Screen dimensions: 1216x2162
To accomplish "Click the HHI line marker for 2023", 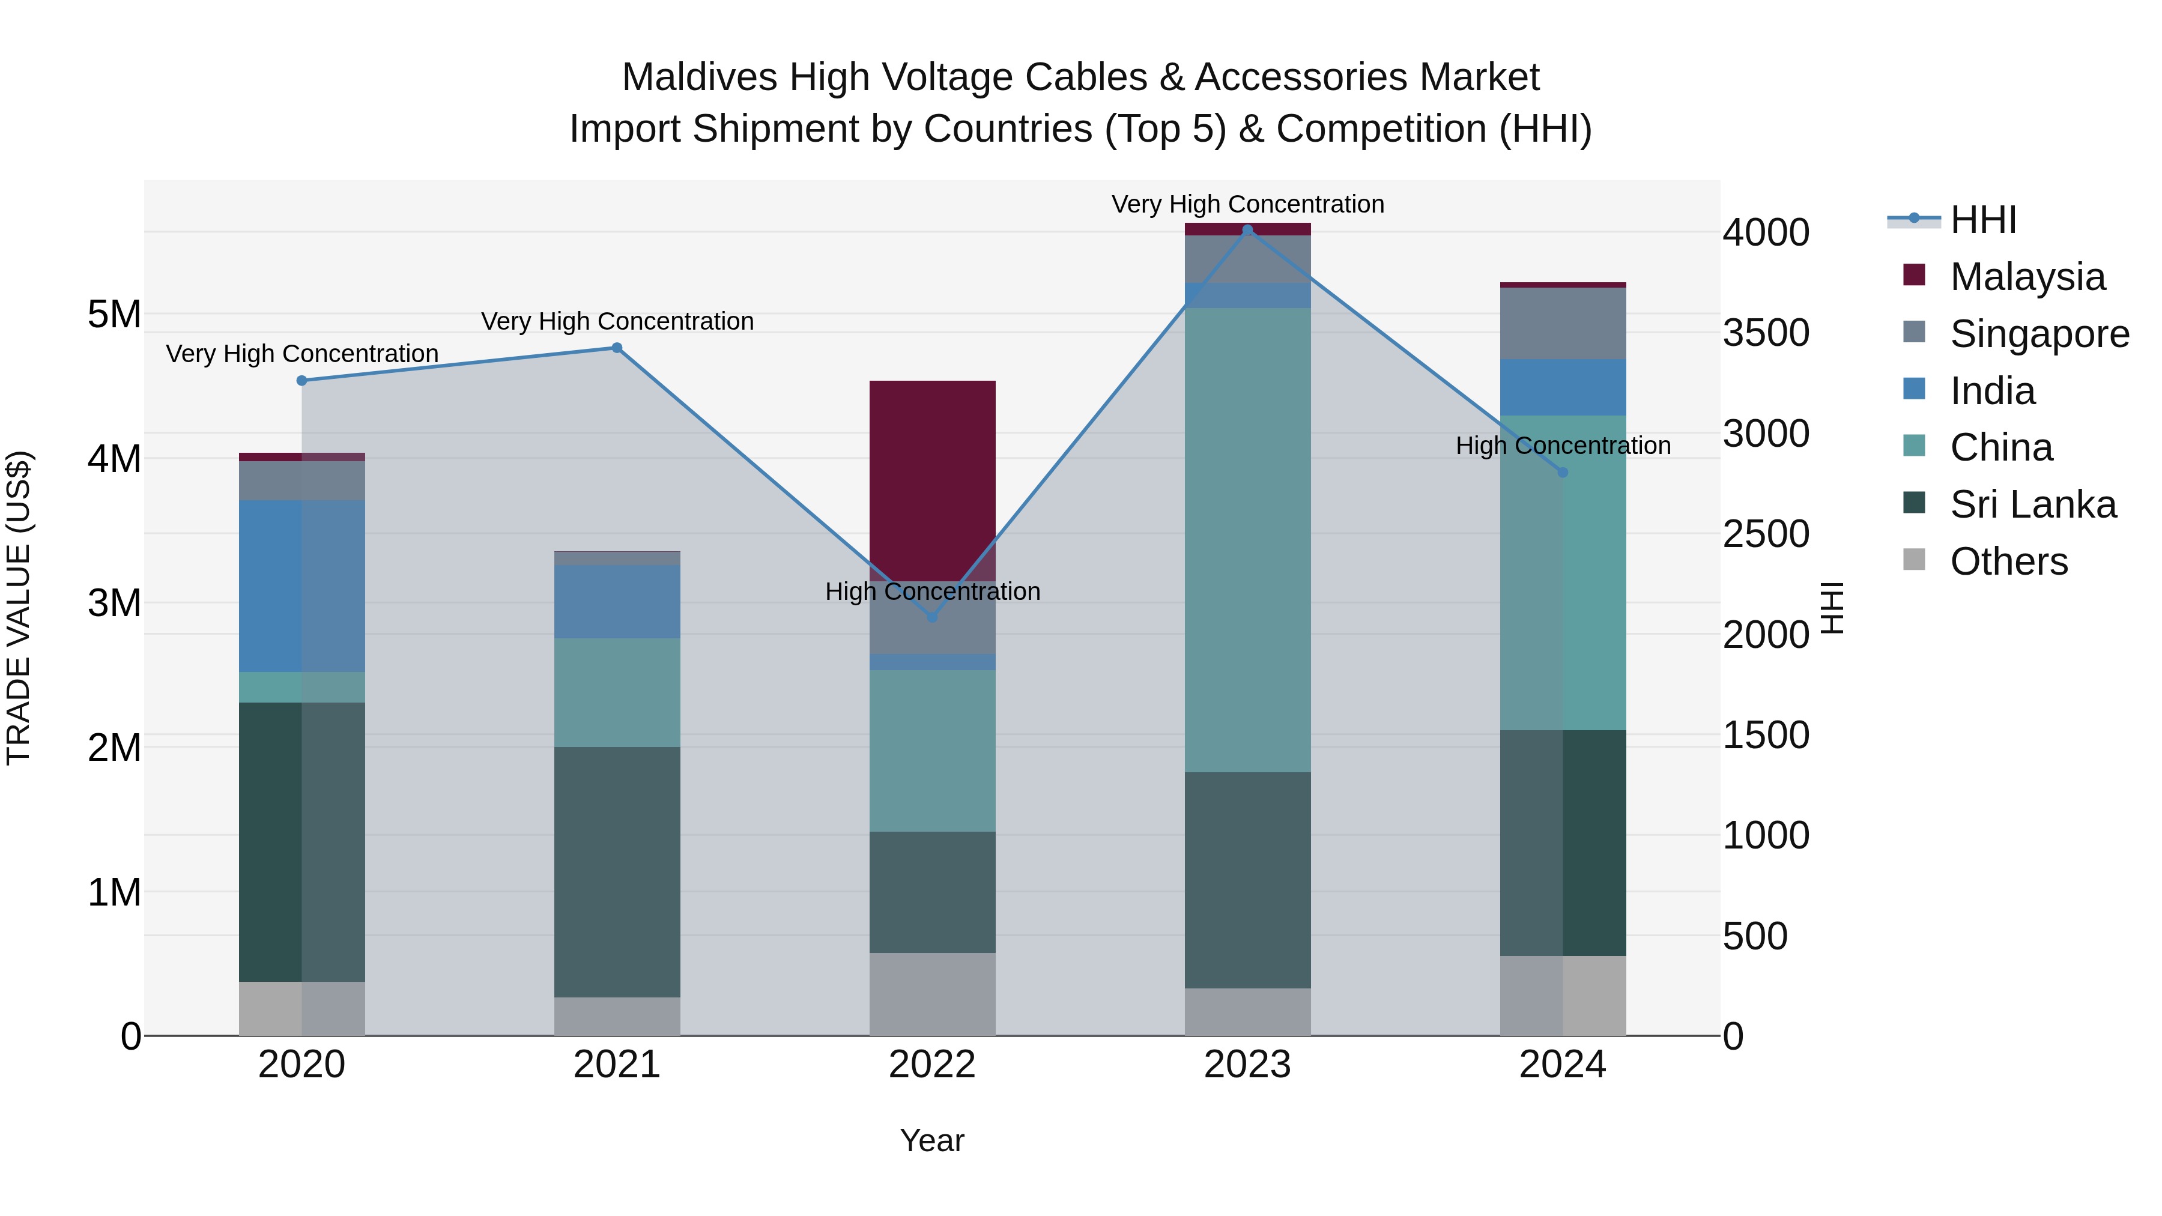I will [x=1247, y=230].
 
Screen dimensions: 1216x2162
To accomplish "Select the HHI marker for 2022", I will [x=931, y=617].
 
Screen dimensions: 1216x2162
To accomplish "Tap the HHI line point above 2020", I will [x=302, y=381].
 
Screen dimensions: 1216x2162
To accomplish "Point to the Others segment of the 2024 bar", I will [x=1563, y=995].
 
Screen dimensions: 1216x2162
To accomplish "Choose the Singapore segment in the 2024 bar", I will [x=1563, y=323].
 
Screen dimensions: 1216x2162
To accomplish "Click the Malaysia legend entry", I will [x=2027, y=277].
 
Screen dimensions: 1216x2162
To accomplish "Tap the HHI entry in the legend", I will [x=1982, y=220].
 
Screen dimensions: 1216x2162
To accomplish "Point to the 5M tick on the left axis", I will [x=114, y=315].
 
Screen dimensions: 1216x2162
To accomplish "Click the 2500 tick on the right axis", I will [x=1766, y=534].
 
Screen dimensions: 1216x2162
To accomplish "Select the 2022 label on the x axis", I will [x=931, y=1065].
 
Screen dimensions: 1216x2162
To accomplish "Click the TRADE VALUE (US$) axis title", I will [x=19, y=608].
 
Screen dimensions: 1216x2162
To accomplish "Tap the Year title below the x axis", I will [x=931, y=1140].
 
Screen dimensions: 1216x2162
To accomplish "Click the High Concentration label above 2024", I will [x=1563, y=446].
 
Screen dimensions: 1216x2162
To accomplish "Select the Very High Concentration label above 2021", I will [x=617, y=321].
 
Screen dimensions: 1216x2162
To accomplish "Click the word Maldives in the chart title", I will [x=699, y=77].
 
